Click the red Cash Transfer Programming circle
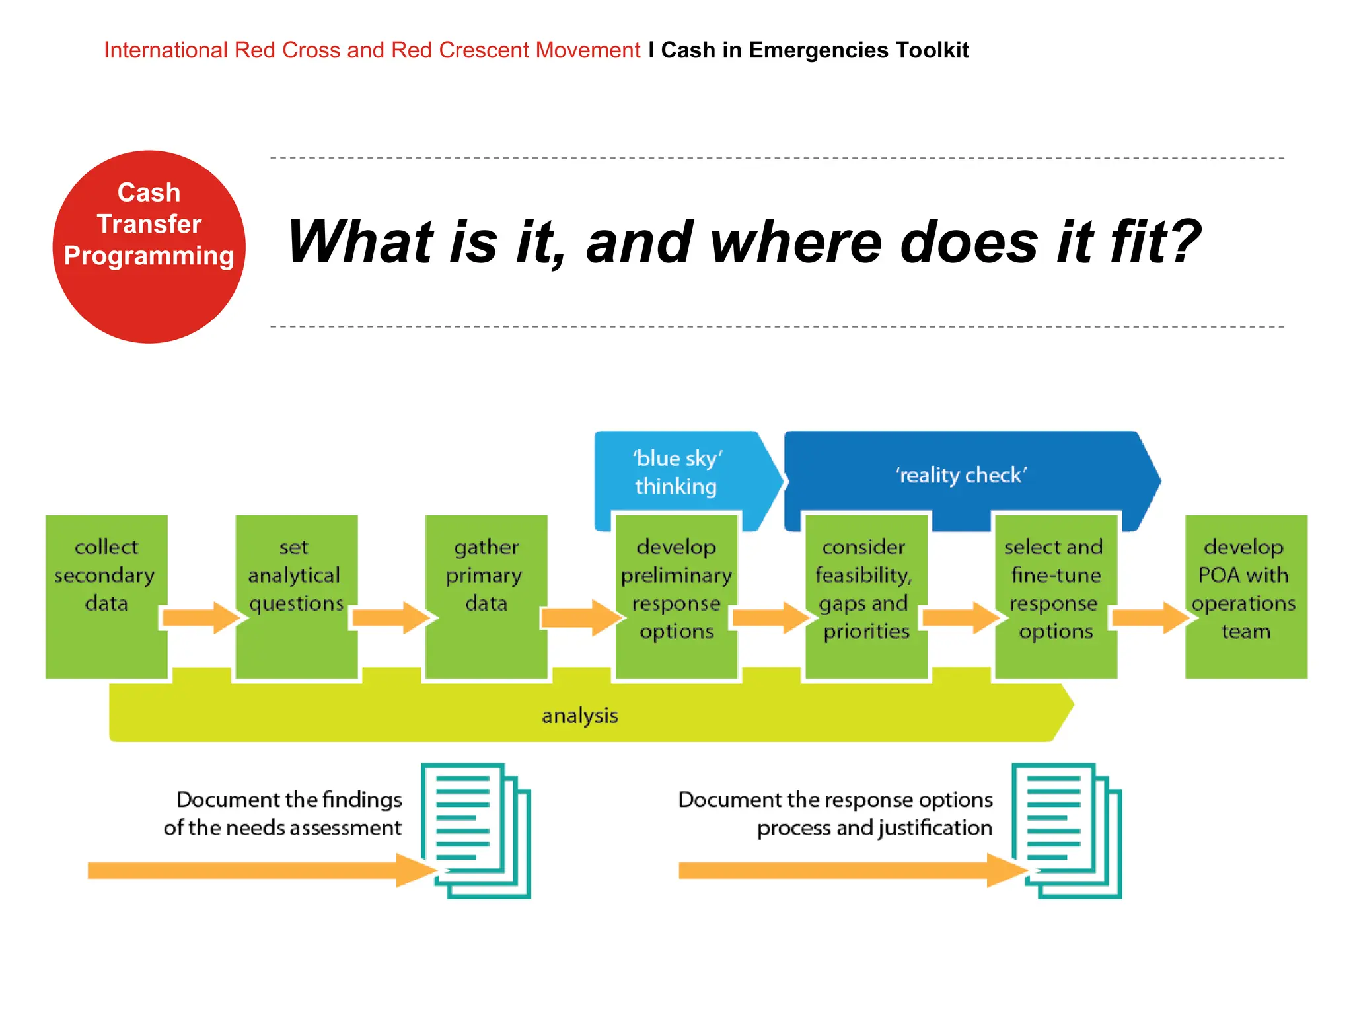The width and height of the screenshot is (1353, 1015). tap(149, 246)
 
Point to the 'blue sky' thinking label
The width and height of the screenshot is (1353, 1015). tap(676, 472)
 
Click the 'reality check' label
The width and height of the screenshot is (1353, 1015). tap(961, 475)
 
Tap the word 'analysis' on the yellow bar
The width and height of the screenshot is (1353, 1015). tap(579, 716)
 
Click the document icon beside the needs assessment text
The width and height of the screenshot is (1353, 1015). tap(476, 831)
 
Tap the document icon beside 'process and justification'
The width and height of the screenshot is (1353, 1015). tap(1066, 831)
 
